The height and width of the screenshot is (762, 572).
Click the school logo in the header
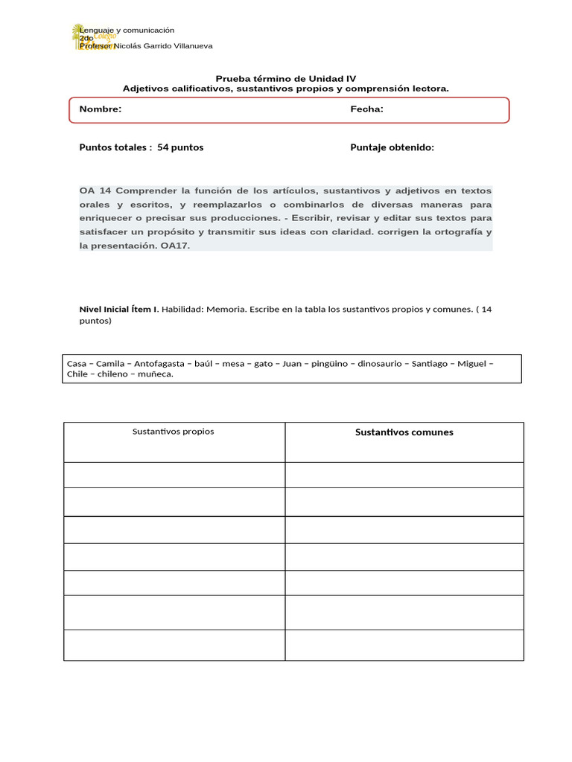coord(89,37)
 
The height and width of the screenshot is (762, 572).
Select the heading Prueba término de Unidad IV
coord(286,78)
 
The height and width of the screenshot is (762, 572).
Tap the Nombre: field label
coord(101,109)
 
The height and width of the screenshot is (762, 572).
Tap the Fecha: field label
coord(366,109)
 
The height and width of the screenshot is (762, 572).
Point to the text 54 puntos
coord(180,147)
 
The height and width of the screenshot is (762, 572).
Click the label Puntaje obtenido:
coord(392,147)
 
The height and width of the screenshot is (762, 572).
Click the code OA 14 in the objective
coord(95,190)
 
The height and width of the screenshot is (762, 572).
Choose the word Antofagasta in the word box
coord(159,364)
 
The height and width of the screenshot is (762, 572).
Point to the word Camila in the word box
coord(110,364)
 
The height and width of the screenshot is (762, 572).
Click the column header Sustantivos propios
coord(173,432)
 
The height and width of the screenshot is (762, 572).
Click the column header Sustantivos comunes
coord(404,432)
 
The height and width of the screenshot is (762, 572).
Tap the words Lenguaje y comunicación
coord(127,31)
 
